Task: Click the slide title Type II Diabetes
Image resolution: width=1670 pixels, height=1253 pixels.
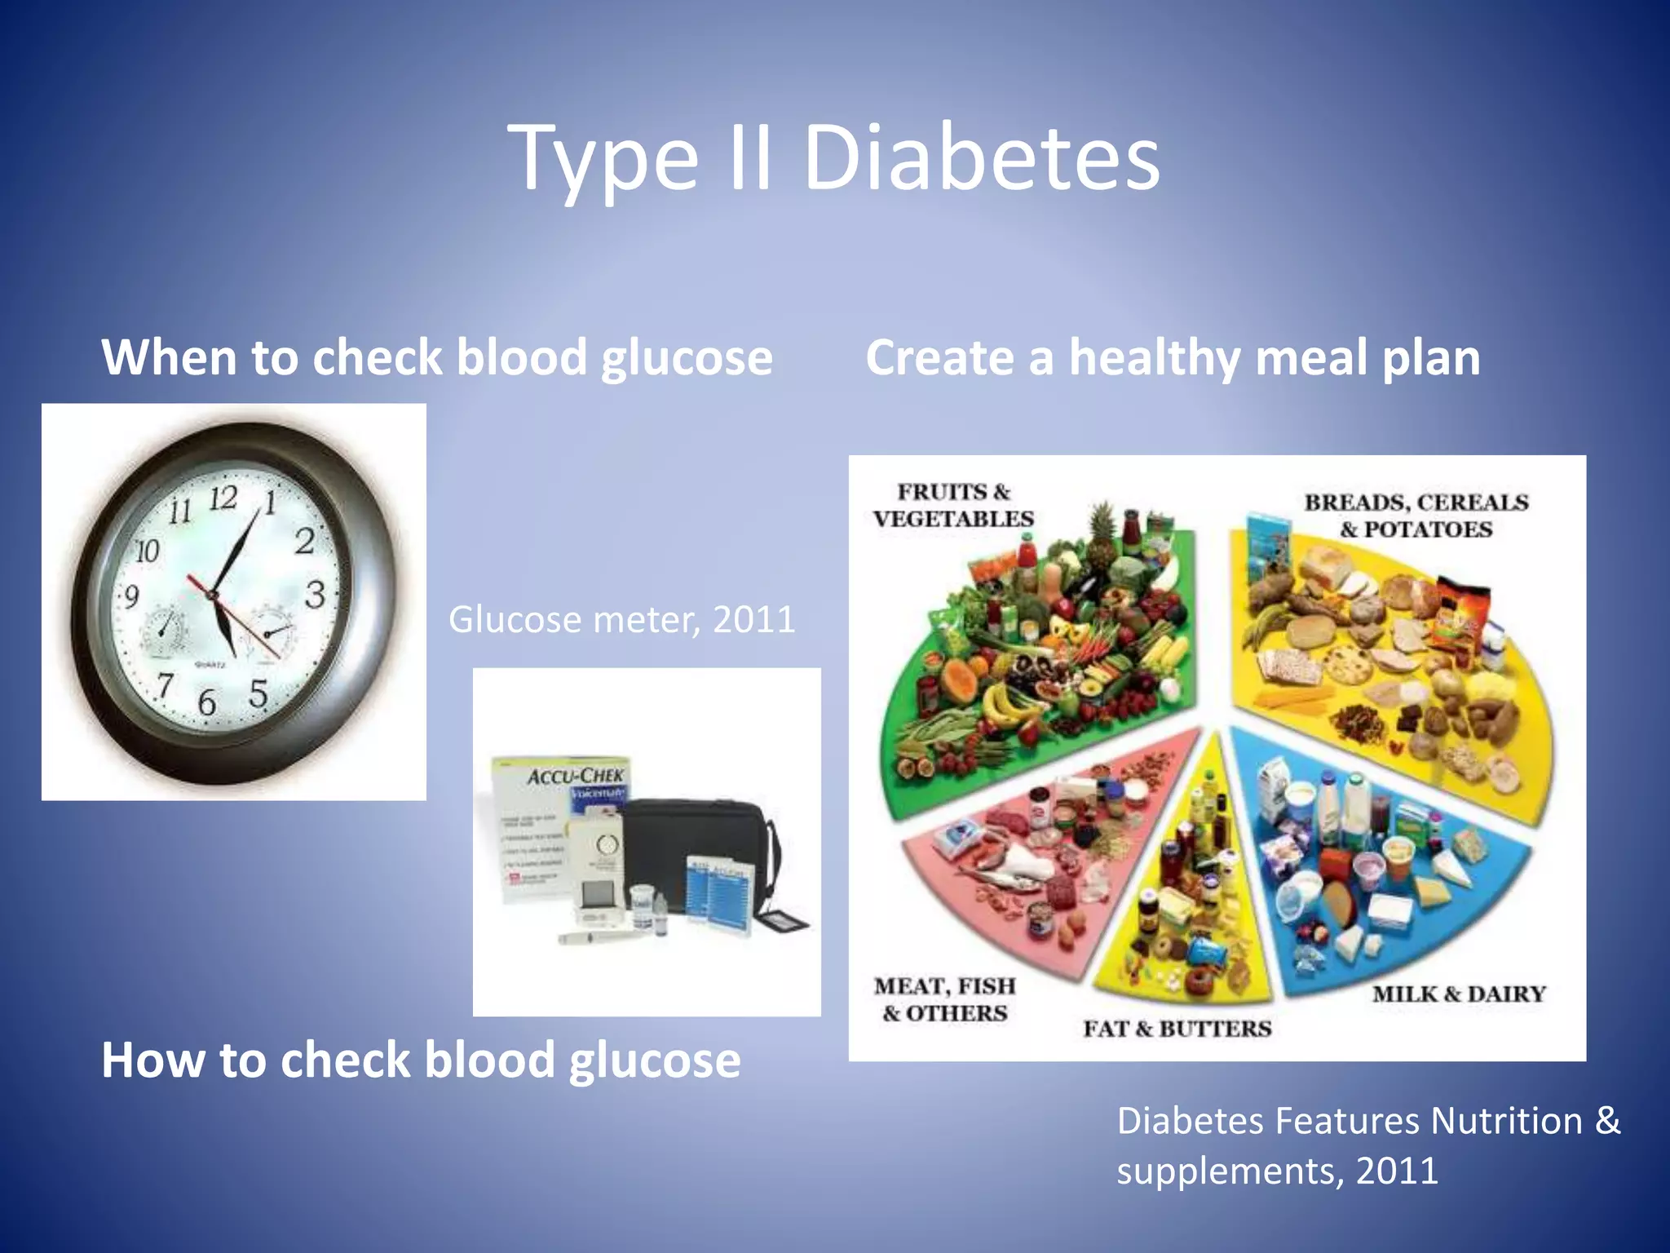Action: pos(833,159)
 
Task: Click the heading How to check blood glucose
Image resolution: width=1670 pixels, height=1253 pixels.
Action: pos(421,1060)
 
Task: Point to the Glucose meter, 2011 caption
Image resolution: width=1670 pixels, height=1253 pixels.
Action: pos(621,620)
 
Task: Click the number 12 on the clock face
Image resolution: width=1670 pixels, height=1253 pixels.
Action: pos(223,498)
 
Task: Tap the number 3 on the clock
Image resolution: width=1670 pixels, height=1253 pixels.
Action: pos(315,594)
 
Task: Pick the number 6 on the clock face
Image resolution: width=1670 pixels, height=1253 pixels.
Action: pos(207,702)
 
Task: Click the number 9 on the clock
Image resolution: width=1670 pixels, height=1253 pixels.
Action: pos(130,597)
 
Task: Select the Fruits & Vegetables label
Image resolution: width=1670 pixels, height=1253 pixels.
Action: pos(953,505)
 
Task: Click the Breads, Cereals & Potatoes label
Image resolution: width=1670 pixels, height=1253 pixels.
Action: pos(1416,516)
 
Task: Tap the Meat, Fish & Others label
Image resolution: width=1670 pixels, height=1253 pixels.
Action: pos(945,999)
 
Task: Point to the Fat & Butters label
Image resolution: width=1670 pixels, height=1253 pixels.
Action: pos(1177,1029)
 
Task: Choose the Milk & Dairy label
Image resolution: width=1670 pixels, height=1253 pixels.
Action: pos(1459,994)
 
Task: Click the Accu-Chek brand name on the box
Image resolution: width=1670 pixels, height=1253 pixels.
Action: pos(576,775)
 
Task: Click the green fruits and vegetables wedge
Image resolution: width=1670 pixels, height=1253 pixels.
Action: pos(1036,653)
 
